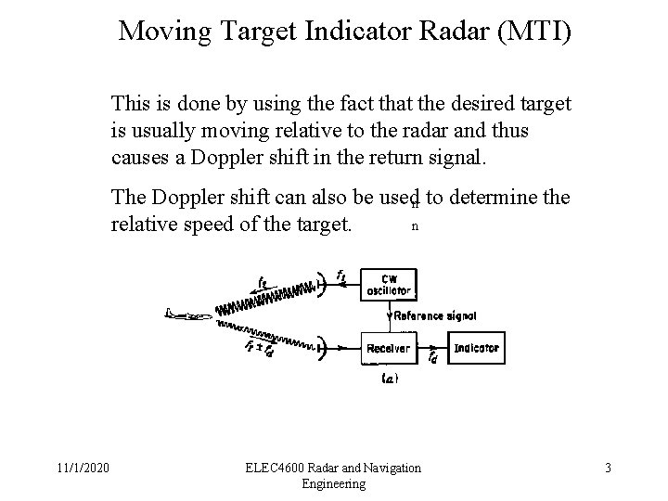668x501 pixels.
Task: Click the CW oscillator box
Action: pos(388,285)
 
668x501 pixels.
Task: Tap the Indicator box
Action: pos(477,349)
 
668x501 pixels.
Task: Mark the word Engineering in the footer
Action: pos(333,484)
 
